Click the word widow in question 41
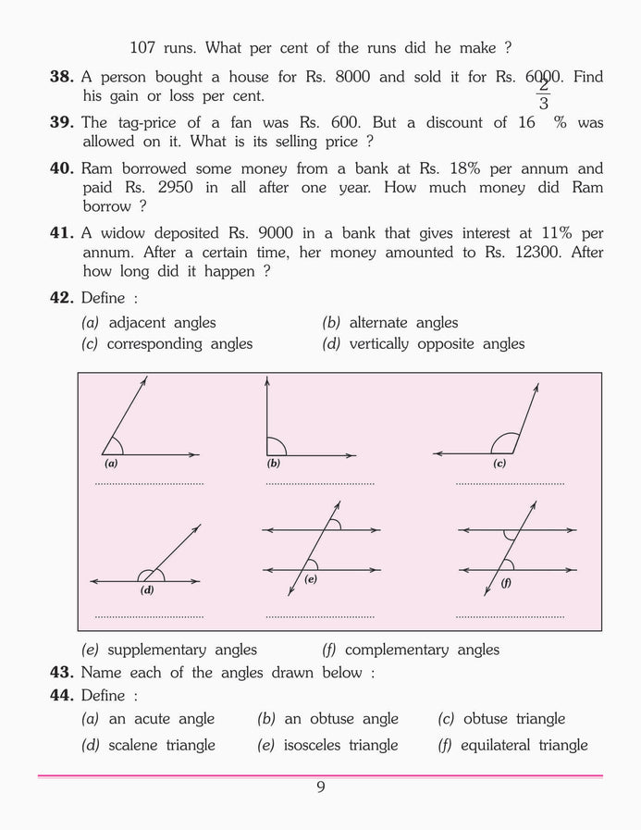click(x=121, y=233)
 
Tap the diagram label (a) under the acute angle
click(x=111, y=463)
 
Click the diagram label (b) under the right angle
click(x=274, y=463)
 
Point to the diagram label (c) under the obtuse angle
click(x=499, y=463)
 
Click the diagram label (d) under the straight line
click(x=146, y=589)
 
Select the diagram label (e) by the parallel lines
click(x=311, y=579)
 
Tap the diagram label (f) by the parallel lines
click(x=507, y=584)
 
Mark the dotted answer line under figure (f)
click(x=510, y=616)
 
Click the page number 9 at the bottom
click(x=320, y=787)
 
